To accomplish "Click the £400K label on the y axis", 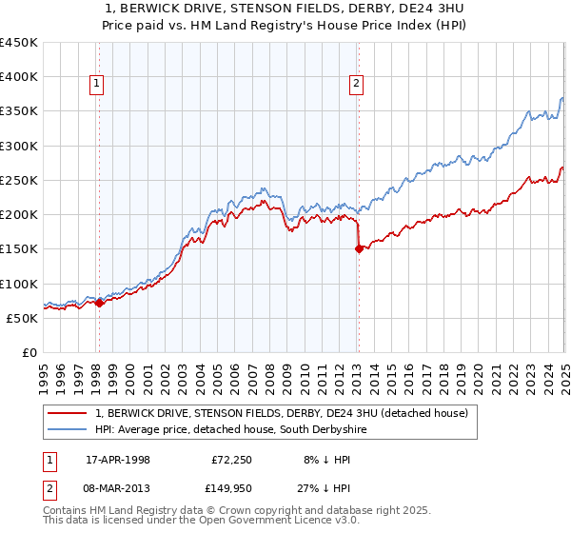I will pyautogui.click(x=19, y=77).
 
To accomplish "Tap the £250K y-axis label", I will pyautogui.click(x=19, y=181).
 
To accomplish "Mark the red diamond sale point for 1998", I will pyautogui.click(x=99, y=303).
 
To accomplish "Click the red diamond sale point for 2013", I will pyautogui.click(x=359, y=249).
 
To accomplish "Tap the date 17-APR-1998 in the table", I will pyautogui.click(x=118, y=460).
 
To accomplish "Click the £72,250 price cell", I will pyautogui.click(x=229, y=460).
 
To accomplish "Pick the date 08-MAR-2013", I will pyautogui.click(x=118, y=488).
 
